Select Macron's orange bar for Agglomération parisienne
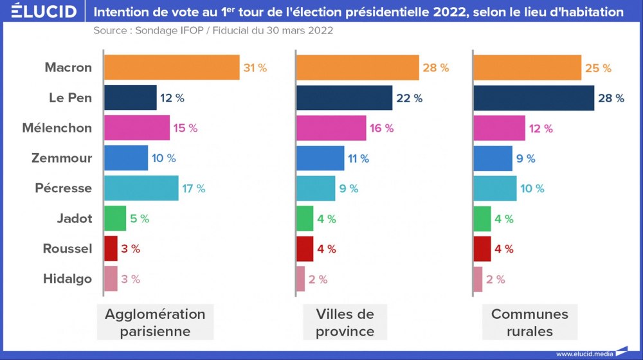(x=172, y=67)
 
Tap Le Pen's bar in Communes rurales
(x=534, y=98)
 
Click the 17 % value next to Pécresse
(x=194, y=188)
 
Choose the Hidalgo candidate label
(x=68, y=279)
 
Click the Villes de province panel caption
(x=345, y=323)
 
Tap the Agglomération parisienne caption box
(x=155, y=323)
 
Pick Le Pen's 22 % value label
(x=409, y=98)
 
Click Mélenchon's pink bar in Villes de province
(x=331, y=128)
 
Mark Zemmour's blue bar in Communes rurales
(x=493, y=158)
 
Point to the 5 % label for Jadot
(x=140, y=219)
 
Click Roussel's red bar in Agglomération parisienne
(x=111, y=249)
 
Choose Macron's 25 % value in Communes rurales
(x=598, y=67)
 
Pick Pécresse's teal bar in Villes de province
(x=316, y=188)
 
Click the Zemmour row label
(x=62, y=158)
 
